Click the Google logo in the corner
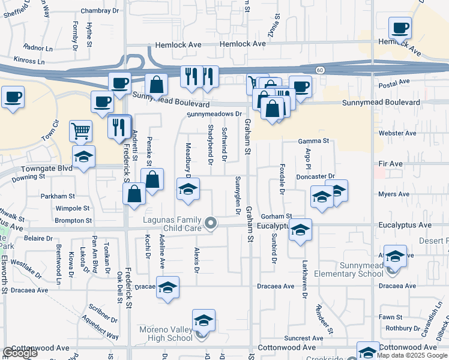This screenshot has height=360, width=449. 19,353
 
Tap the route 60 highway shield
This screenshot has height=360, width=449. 322,70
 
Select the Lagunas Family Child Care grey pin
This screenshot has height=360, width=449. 210,224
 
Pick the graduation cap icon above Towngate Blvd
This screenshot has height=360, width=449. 83,157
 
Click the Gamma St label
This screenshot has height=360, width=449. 314,141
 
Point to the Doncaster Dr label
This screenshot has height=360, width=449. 315,176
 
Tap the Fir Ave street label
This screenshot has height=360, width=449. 390,163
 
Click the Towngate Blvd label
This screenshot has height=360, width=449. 46,169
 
